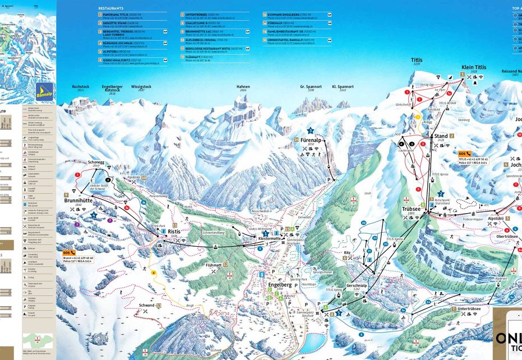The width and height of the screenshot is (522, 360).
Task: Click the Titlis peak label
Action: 417,60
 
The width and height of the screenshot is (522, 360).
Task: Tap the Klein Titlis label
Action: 473,67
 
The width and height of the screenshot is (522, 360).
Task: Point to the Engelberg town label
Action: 280,284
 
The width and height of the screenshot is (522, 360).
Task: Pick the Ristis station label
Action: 174,231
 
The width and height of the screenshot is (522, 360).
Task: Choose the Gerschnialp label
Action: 356,285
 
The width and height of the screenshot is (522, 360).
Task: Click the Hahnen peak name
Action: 243,87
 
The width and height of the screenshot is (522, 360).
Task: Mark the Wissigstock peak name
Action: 141,87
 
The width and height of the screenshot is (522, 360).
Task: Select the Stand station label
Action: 440,136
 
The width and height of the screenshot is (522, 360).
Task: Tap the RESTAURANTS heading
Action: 110,9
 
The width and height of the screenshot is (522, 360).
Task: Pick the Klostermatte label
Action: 269,238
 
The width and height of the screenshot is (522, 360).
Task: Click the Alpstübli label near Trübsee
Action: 495,218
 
